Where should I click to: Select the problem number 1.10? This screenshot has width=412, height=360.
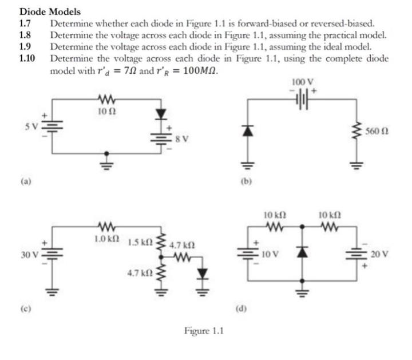click(x=27, y=58)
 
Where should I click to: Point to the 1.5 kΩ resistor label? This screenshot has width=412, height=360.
click(x=141, y=241)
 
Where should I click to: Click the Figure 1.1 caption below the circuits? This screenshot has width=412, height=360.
click(x=204, y=331)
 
